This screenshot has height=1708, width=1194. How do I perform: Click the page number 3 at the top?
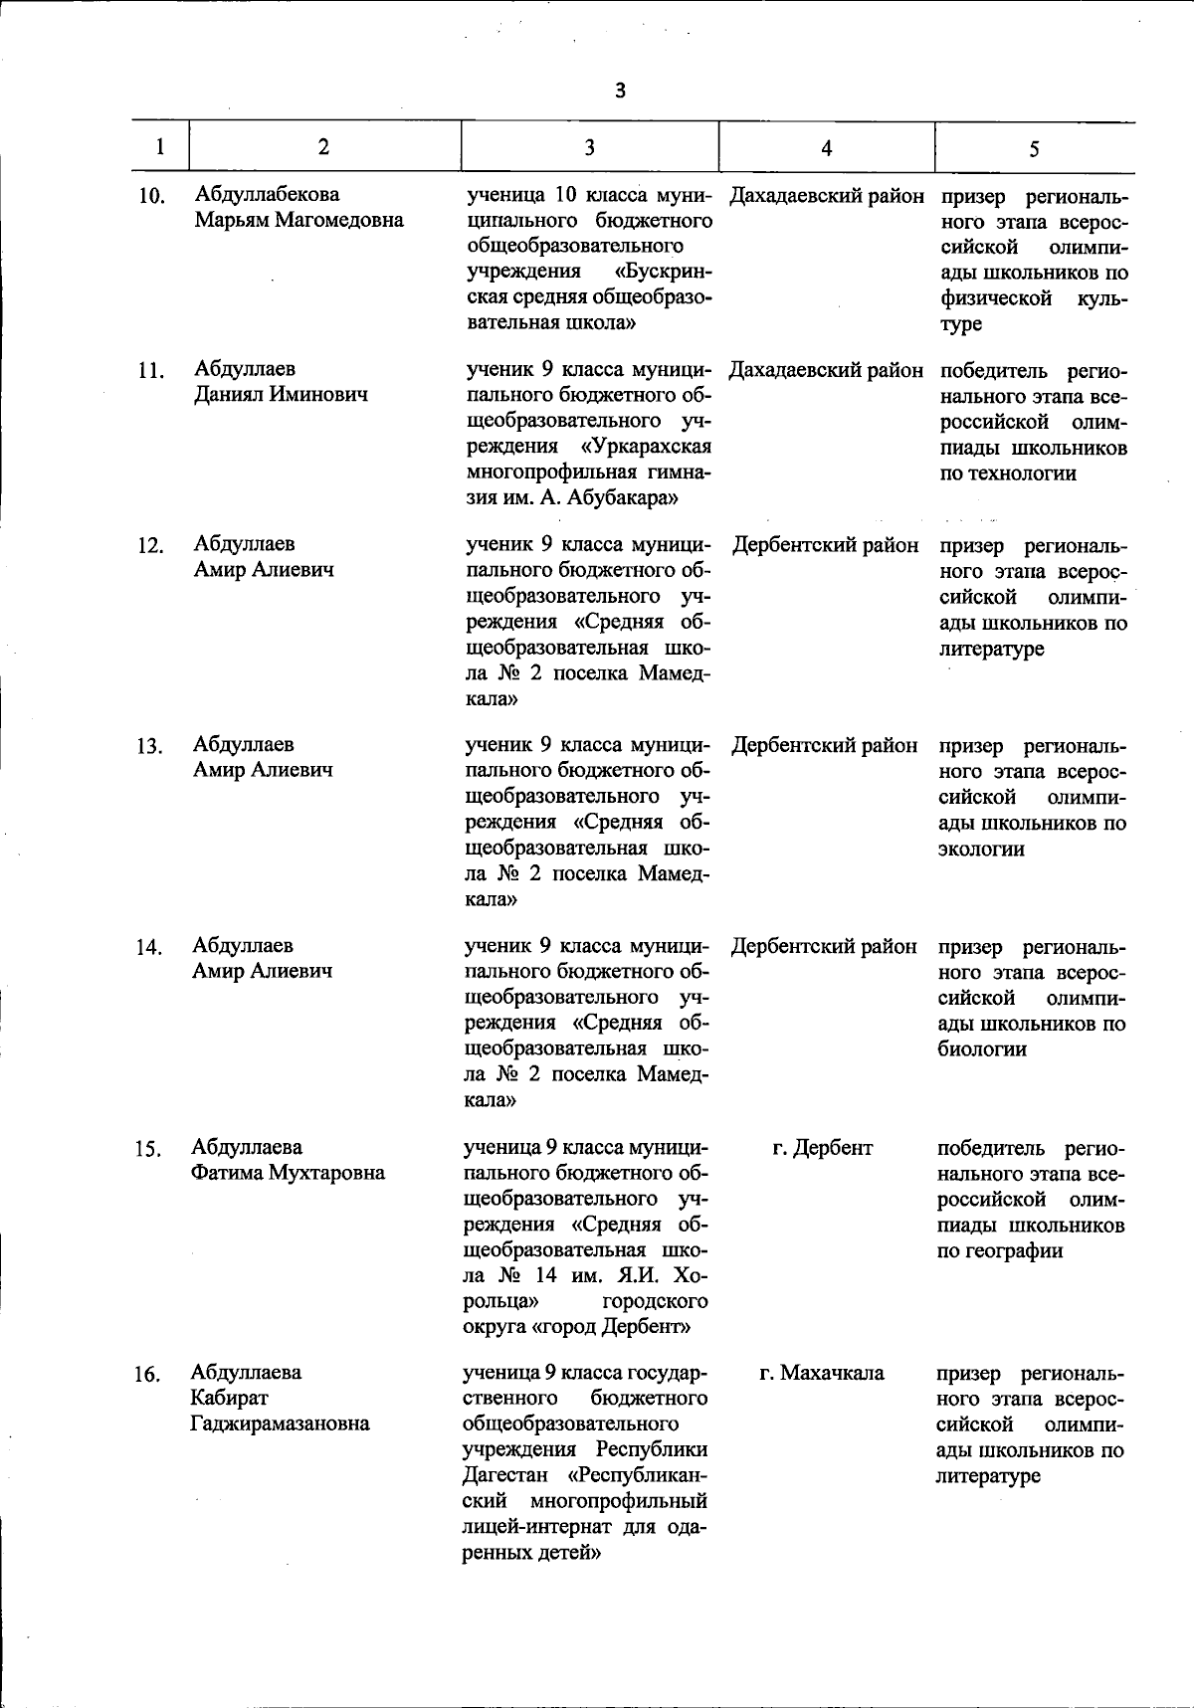coord(621,91)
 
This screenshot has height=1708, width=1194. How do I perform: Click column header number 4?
coord(827,148)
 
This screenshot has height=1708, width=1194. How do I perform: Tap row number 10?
coord(150,196)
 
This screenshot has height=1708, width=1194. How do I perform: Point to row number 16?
coord(147,1375)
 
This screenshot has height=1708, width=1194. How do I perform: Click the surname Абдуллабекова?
coord(268,194)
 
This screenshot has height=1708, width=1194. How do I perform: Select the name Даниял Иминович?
coord(281,395)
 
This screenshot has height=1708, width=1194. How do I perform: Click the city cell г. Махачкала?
coord(822,1373)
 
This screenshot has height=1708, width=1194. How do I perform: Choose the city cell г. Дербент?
coord(823,1148)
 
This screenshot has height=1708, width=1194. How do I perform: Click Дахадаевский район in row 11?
coord(826,371)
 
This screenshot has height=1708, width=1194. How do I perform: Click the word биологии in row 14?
coord(982,1049)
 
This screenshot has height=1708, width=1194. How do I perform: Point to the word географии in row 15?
coord(1000,1250)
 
